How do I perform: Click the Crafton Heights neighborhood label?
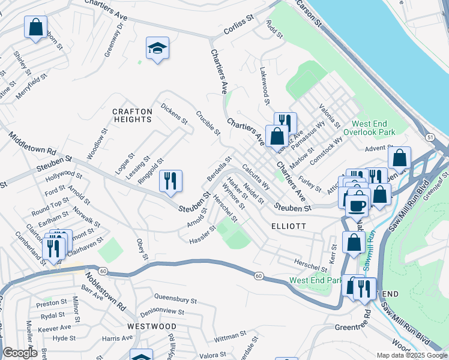[132, 115]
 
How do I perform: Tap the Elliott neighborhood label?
[289, 226]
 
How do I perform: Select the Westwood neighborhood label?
[152, 326]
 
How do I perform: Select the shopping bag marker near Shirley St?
[35, 26]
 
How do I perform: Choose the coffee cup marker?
[358, 205]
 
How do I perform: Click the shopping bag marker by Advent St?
[399, 158]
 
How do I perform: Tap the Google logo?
[20, 353]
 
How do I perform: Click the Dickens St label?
[174, 113]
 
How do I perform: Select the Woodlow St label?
[97, 143]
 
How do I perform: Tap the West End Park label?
[315, 280]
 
